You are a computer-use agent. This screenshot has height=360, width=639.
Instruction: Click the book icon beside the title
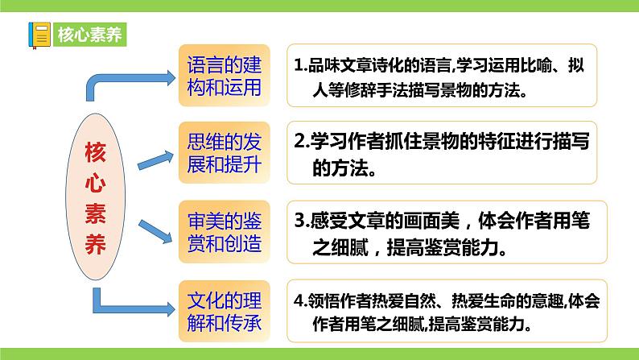[x=39, y=35]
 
